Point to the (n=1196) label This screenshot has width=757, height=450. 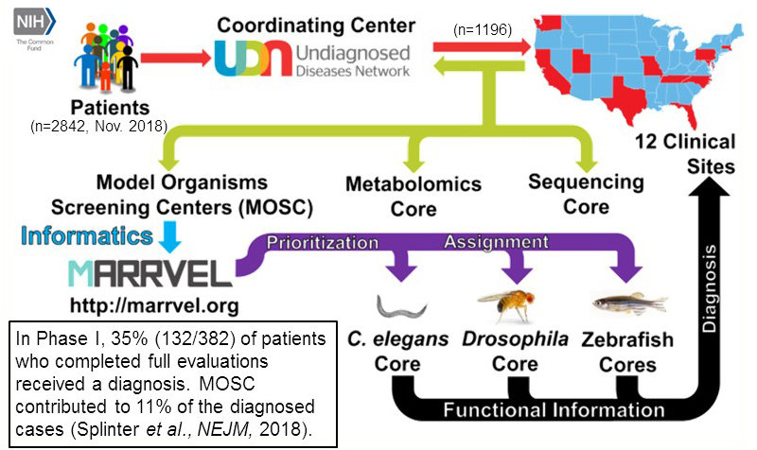(483, 29)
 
